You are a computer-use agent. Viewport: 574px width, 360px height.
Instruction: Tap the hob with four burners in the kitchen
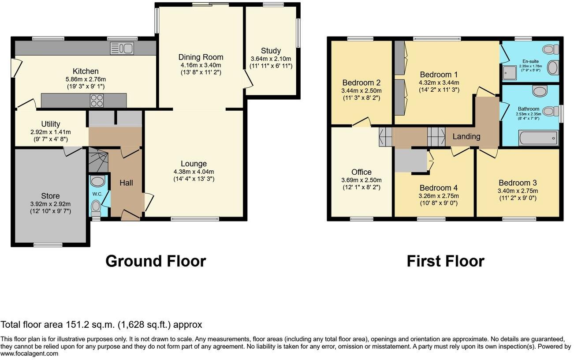[x=97, y=101]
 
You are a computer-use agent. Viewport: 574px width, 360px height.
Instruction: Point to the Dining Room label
[x=201, y=57]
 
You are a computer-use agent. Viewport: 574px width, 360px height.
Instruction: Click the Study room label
[x=271, y=51]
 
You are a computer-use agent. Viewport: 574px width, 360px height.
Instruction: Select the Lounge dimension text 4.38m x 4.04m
[x=194, y=172]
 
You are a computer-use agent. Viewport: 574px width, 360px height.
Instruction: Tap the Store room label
[x=50, y=195]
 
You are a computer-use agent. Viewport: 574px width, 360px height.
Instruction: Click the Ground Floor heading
[x=155, y=261]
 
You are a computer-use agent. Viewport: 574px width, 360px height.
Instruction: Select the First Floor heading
[x=445, y=261]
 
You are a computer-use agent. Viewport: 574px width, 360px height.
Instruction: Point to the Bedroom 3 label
[x=518, y=183]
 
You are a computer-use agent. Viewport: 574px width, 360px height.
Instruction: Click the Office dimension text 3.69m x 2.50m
[x=362, y=180]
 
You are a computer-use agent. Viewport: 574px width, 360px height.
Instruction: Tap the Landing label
[x=466, y=136]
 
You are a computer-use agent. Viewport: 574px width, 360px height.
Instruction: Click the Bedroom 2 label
[x=362, y=82]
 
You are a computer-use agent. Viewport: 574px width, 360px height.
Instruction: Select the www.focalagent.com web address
[x=29, y=353]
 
